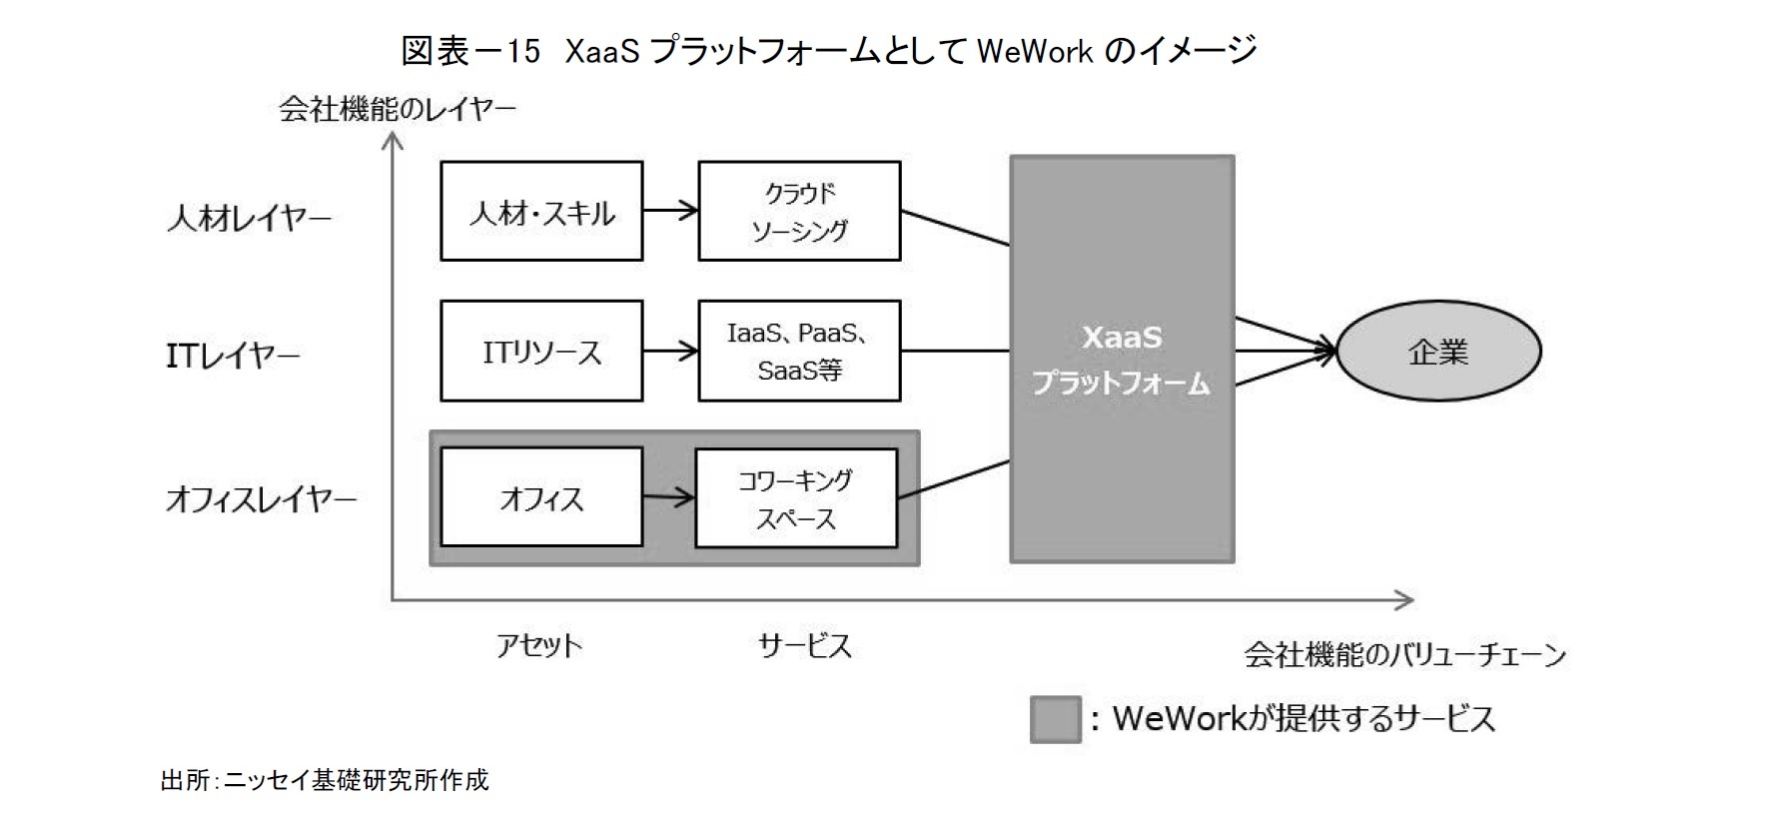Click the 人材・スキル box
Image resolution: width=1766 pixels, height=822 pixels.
pyautogui.click(x=540, y=212)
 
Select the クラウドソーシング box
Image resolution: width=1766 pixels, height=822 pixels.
pyautogui.click(x=798, y=212)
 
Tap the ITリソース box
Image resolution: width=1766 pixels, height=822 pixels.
pyautogui.click(x=540, y=352)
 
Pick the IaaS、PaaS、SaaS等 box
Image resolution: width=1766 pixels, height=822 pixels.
pyautogui.click(x=798, y=352)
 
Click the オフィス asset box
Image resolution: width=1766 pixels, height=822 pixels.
pyautogui.click(x=540, y=497)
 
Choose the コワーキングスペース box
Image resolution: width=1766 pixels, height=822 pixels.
pyautogui.click(x=795, y=498)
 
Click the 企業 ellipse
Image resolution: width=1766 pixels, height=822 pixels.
pyautogui.click(x=1437, y=352)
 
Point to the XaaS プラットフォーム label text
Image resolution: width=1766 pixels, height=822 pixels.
pyautogui.click(x=1121, y=360)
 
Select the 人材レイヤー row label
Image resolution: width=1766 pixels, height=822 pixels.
pyautogui.click(x=249, y=218)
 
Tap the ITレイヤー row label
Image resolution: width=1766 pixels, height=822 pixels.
pyautogui.click(x=232, y=356)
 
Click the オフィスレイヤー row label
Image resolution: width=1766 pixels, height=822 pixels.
pyautogui.click(x=261, y=498)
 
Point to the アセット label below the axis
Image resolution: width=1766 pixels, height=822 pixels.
pyautogui.click(x=538, y=645)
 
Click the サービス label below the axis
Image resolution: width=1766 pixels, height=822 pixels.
pyautogui.click(x=804, y=645)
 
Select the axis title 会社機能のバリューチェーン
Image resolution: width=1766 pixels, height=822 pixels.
pyautogui.click(x=1403, y=655)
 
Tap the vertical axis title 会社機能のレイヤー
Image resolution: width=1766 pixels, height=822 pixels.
pyautogui.click(x=397, y=108)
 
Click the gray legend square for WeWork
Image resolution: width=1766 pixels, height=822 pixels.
pyautogui.click(x=1055, y=719)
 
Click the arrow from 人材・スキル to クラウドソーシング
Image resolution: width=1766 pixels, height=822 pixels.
pyautogui.click(x=670, y=211)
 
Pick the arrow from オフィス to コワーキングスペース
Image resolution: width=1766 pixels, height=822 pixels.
pyautogui.click(x=668, y=496)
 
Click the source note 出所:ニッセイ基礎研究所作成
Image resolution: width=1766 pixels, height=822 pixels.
pyautogui.click(x=325, y=780)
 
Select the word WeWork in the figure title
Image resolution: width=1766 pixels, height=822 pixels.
pyautogui.click(x=1035, y=50)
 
